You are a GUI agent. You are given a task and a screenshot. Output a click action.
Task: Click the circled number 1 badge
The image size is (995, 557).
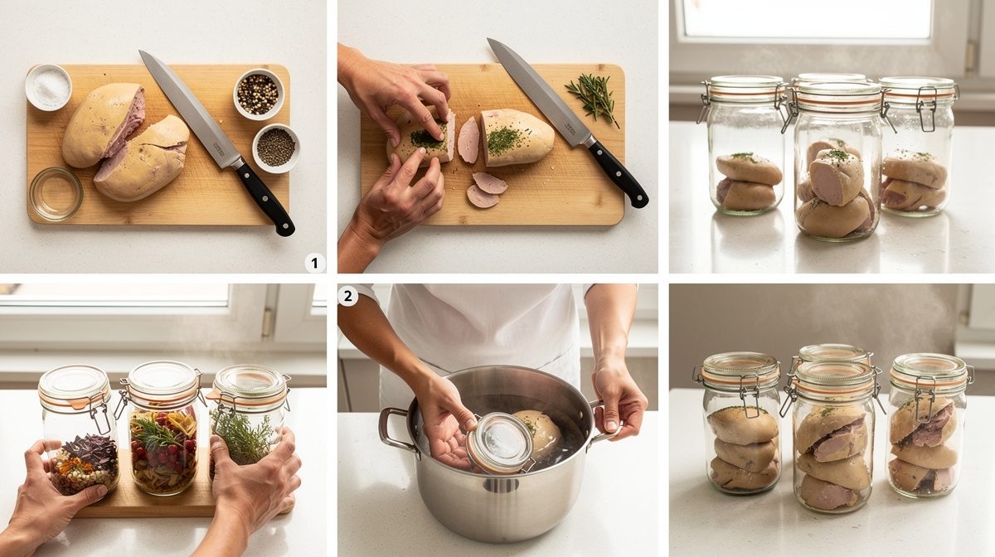tap(314, 263)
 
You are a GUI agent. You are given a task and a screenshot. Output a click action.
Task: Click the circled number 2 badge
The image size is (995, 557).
tap(347, 296)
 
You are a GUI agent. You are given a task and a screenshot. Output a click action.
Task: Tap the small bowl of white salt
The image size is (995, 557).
tap(48, 87)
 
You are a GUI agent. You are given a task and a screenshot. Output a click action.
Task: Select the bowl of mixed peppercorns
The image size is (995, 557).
tap(259, 94)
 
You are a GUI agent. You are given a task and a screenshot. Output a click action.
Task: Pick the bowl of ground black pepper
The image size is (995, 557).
tap(276, 148)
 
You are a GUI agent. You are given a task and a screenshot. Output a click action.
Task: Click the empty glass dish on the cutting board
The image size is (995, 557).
tap(56, 194)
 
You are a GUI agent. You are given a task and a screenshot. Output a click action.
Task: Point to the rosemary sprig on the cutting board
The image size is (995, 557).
tap(593, 98)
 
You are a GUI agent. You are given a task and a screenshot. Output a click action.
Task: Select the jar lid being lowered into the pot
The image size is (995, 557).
tap(501, 443)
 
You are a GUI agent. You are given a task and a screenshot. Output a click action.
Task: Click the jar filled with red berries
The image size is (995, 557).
tap(163, 429)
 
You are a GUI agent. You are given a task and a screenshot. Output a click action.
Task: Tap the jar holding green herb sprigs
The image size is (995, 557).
tap(248, 422)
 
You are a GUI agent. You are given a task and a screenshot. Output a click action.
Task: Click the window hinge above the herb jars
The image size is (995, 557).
tap(266, 322)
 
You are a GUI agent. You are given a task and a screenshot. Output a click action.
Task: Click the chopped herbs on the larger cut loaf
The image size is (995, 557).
tap(504, 140)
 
